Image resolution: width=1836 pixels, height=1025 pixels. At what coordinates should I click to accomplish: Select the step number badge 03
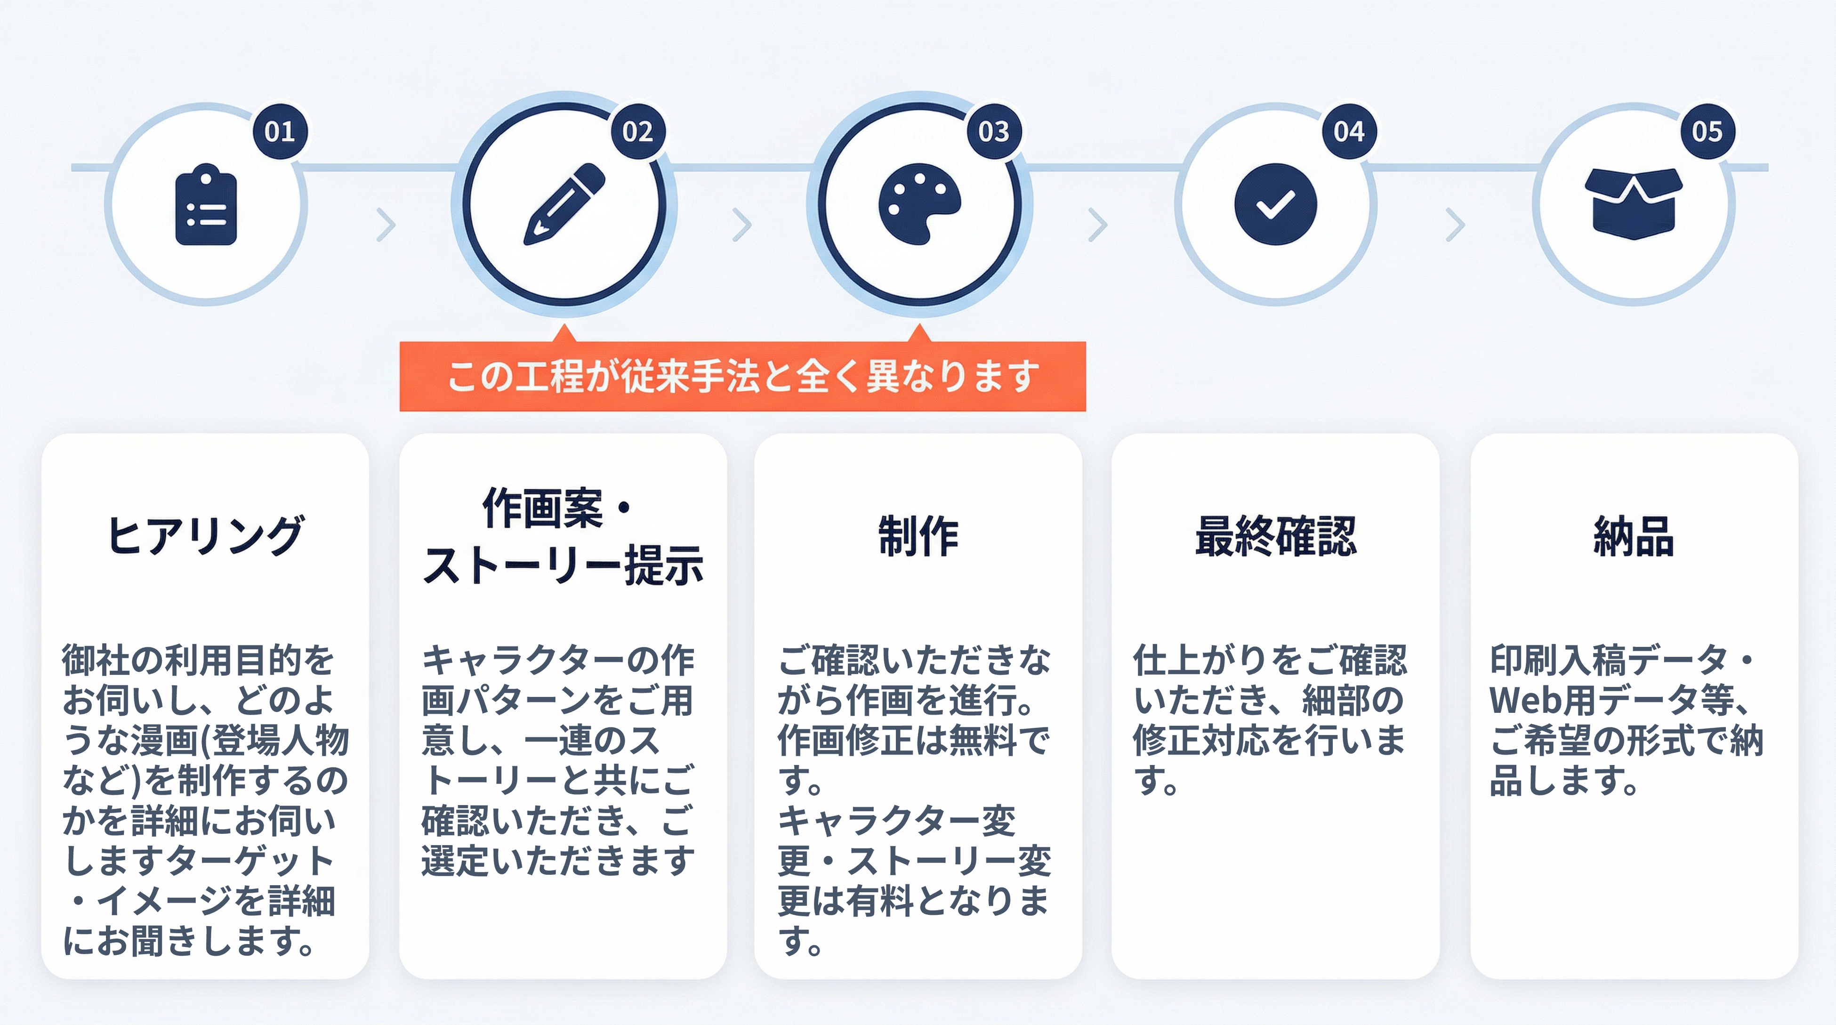[x=993, y=131]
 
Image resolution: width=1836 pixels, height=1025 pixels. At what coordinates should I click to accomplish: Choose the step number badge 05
[x=1707, y=131]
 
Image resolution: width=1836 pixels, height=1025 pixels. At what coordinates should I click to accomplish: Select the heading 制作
[x=918, y=536]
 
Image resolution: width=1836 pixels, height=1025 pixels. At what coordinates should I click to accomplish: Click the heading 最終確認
[x=1276, y=536]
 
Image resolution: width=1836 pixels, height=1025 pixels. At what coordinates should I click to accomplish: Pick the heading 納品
[x=1634, y=536]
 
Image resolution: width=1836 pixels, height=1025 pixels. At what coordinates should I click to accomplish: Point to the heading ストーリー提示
[x=563, y=565]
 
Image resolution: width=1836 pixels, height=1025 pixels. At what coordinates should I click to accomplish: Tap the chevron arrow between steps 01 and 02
[x=386, y=225]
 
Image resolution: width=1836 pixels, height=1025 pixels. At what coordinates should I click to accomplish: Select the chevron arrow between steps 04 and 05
[x=1455, y=225]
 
